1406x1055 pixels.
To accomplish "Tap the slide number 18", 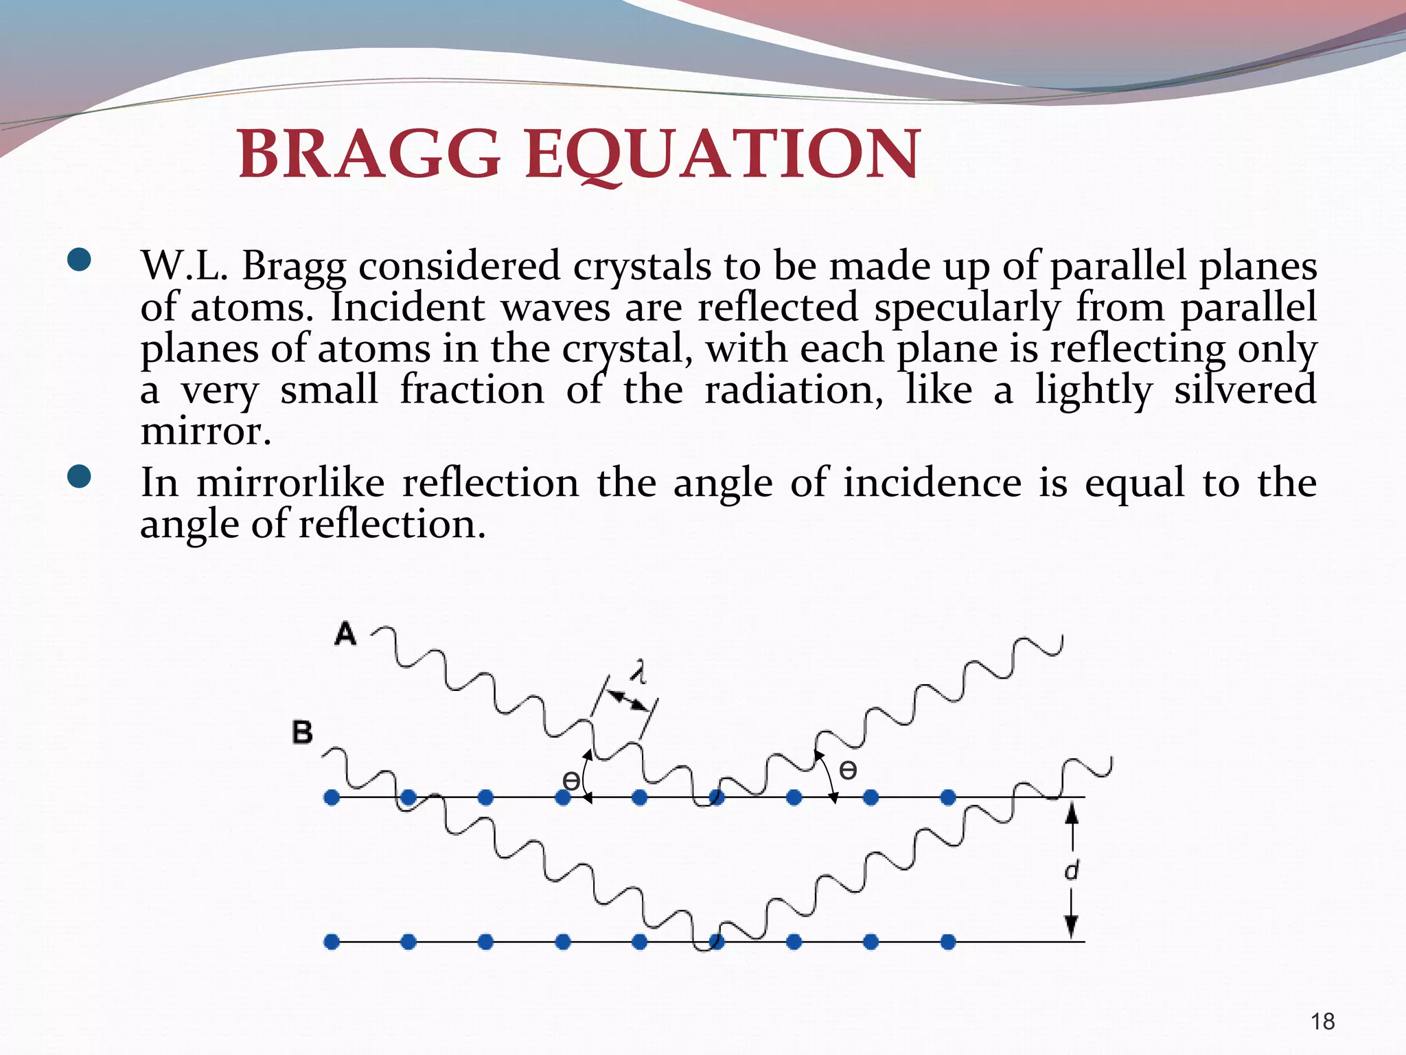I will point(1322,1021).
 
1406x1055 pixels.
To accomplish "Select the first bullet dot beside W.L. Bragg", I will point(80,262).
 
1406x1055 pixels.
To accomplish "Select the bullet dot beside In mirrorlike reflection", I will point(80,477).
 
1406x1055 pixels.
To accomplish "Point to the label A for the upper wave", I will point(345,633).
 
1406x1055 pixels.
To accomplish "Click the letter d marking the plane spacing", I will point(1071,870).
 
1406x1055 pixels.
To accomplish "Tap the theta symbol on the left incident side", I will point(571,780).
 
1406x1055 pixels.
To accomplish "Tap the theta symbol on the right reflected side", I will point(848,771).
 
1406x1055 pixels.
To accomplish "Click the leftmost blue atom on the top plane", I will point(332,797).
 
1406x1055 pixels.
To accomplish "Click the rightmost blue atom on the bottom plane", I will point(948,942).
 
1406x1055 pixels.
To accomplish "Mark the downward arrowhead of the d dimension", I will point(1071,927).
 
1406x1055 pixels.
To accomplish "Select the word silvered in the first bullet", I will point(1245,389).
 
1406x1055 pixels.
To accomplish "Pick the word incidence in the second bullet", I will point(932,482).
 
